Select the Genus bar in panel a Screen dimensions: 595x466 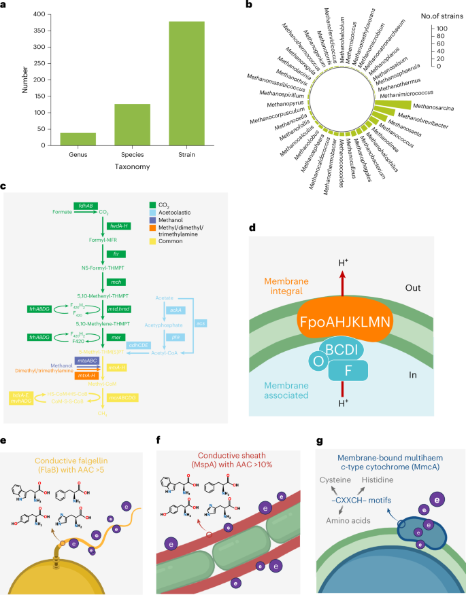click(78, 139)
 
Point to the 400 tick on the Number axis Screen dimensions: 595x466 click(38, 14)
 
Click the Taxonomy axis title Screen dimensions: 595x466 click(132, 166)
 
